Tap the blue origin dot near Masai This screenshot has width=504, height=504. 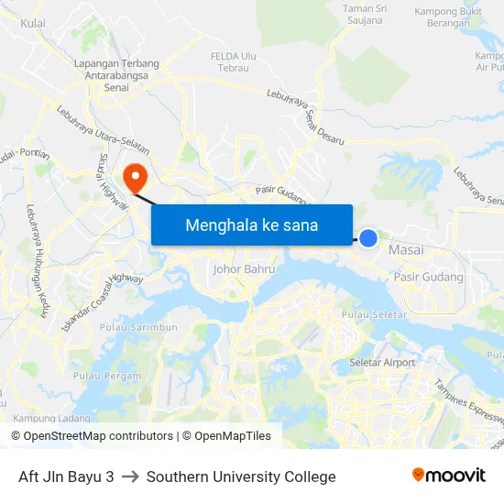point(367,238)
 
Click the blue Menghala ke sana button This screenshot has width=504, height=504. point(252,225)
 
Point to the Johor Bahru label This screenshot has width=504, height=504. point(244,269)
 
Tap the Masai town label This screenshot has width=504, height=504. point(406,250)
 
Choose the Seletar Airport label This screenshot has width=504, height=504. point(382,363)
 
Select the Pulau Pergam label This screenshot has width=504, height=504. point(107,376)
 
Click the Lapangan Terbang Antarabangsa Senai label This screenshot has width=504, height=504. point(116,75)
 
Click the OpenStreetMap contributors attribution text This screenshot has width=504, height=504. point(93,436)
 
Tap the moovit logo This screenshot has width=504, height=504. point(449,476)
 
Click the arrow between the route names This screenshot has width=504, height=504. point(130,477)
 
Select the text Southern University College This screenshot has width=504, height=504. point(241,477)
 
